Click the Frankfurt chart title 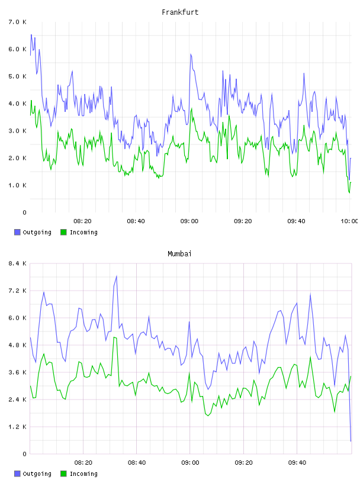click(180, 12)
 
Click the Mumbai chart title click(179, 254)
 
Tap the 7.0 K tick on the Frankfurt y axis click(18, 22)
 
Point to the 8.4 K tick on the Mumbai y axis click(18, 263)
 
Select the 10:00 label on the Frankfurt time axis click(349, 221)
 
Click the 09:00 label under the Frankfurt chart click(189, 221)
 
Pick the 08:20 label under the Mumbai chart click(83, 463)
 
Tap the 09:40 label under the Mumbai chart click(297, 463)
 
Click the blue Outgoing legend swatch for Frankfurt click(17, 232)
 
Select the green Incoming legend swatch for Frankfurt click(63, 232)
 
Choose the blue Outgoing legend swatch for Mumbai click(17, 474)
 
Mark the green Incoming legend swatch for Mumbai click(63, 474)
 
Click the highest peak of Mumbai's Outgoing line click(117, 276)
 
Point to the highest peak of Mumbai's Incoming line click(114, 337)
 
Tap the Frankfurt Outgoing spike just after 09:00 click(191, 54)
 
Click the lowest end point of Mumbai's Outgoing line click(351, 441)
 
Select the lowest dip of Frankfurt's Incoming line click(349, 193)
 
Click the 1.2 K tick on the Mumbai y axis click(18, 427)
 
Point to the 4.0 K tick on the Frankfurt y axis click(18, 104)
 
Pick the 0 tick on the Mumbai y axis click(25, 454)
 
